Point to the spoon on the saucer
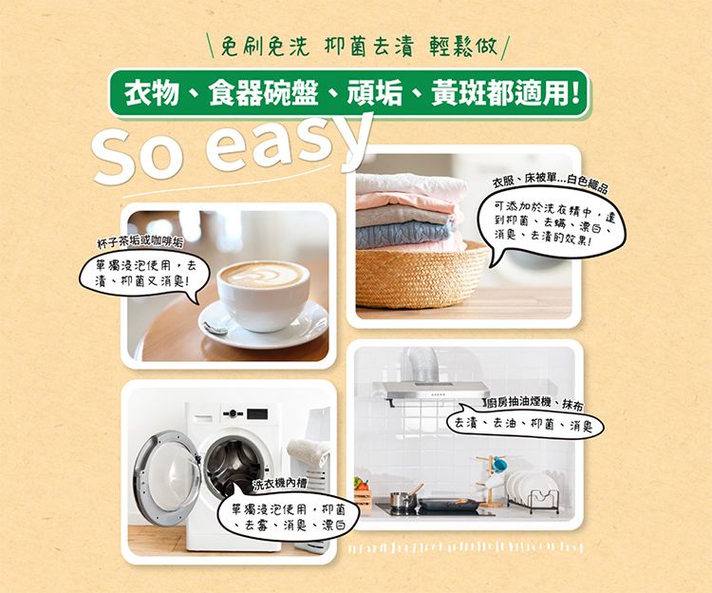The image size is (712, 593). pyautogui.click(x=216, y=326)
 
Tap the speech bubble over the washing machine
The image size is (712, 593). pyautogui.click(x=280, y=517)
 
